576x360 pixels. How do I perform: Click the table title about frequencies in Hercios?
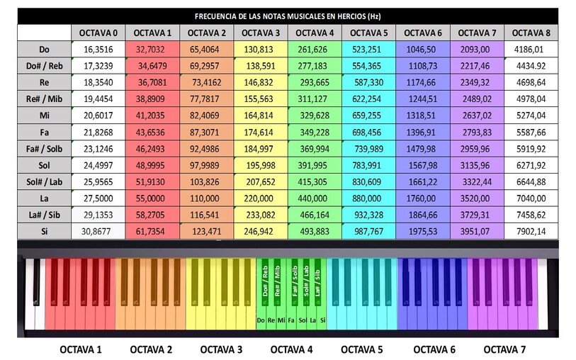point(288,16)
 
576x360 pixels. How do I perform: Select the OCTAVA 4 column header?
point(315,33)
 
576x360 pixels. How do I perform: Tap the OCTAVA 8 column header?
point(531,33)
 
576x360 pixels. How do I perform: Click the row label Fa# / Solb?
point(44,149)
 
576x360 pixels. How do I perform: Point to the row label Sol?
point(44,165)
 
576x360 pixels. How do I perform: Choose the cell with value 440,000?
point(315,198)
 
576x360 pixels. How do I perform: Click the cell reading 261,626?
point(315,50)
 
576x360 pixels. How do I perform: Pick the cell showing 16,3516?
point(98,50)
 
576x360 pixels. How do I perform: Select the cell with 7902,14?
point(531,232)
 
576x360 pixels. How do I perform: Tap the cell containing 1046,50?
point(423,50)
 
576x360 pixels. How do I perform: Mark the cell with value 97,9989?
point(207,165)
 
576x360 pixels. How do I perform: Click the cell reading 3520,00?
point(477,198)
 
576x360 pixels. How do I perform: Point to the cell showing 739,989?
point(368,149)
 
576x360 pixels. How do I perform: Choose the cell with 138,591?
point(261,66)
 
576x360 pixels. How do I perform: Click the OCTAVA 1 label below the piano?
point(81,349)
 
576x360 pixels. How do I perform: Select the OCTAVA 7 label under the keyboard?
point(505,349)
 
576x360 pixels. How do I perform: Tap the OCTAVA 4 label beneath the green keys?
point(292,349)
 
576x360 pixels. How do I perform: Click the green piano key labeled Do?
point(261,320)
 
